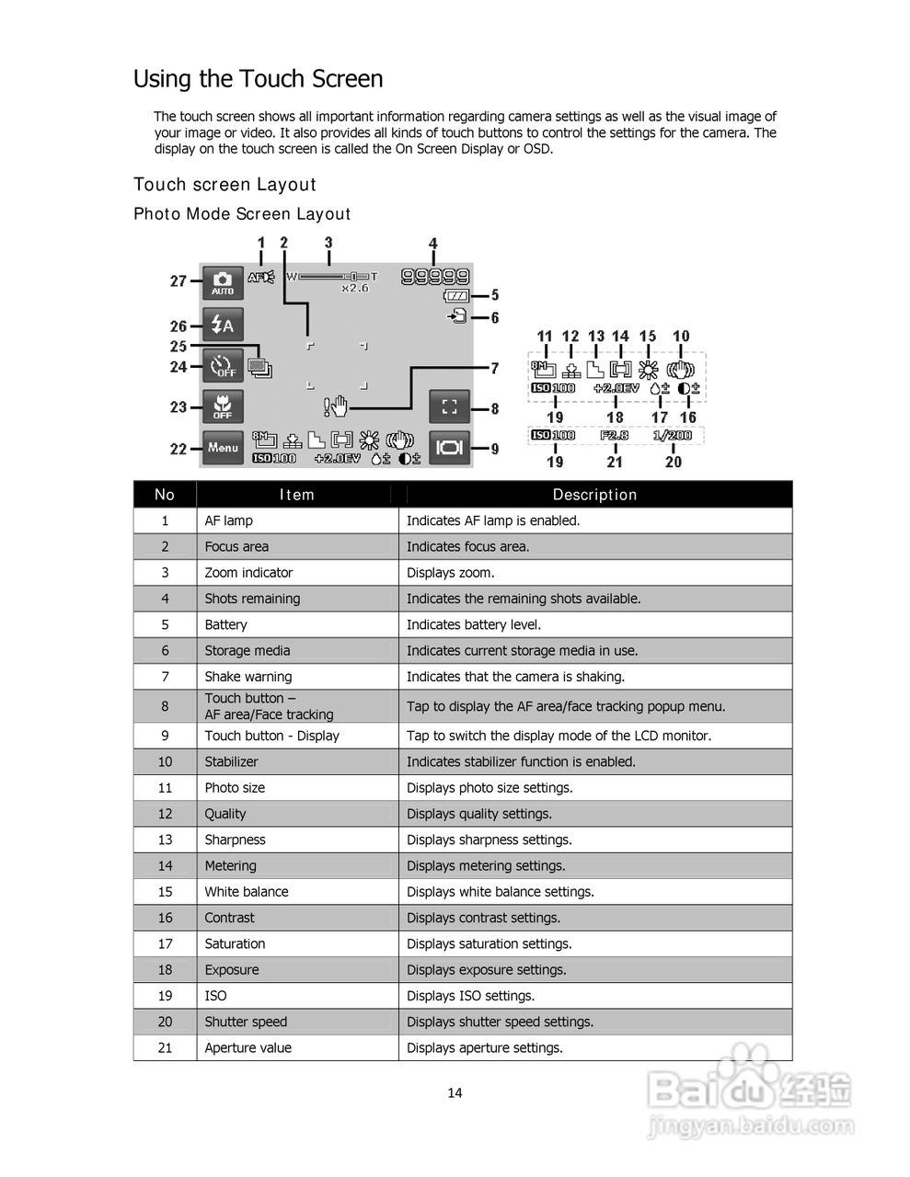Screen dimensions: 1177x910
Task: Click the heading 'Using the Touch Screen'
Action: (258, 79)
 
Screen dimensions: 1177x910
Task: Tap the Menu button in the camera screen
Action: (223, 448)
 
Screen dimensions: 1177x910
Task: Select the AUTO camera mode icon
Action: (223, 282)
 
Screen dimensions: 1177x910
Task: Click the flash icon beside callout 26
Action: (223, 325)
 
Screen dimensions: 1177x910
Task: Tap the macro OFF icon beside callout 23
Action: (223, 406)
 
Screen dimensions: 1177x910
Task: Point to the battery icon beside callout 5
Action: (456, 296)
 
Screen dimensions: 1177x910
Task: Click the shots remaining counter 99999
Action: (435, 275)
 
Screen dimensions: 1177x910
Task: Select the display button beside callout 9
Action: (450, 448)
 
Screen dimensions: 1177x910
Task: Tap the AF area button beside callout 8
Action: (450, 406)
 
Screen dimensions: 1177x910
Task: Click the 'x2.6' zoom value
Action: (354, 288)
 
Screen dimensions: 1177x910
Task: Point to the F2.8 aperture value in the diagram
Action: (615, 435)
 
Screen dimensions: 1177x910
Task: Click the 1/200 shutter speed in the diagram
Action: (673, 435)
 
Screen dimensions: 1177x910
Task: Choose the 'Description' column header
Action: (594, 495)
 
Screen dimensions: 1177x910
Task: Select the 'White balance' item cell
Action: (247, 892)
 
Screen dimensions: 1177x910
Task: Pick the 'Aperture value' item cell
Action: (248, 1048)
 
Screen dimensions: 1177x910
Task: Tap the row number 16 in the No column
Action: (165, 918)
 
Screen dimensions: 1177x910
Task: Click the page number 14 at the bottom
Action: (455, 1093)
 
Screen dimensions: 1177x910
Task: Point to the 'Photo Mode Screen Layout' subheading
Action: (242, 214)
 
